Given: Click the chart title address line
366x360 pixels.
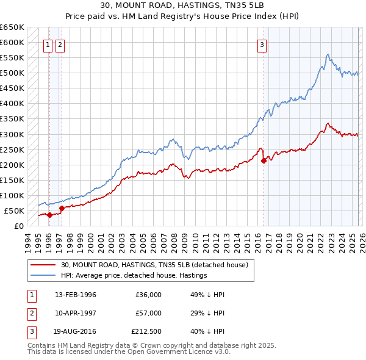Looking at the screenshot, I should pyautogui.click(x=183, y=5).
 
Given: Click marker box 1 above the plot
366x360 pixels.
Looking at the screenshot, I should pyautogui.click(x=48, y=44).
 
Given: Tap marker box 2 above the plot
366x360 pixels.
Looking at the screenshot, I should pyautogui.click(x=60, y=44).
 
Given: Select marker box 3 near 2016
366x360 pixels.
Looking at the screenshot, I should pyautogui.click(x=262, y=44).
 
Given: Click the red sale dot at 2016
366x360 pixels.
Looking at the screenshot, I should pyautogui.click(x=264, y=161).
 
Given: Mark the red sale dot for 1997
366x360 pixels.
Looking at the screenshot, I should pyautogui.click(x=62, y=209).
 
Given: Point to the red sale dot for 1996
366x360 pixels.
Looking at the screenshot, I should pyautogui.click(x=49, y=215).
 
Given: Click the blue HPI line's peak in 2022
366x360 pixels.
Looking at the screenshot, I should pyautogui.click(x=328, y=55).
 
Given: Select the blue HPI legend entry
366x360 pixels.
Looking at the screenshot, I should pyautogui.click(x=134, y=275).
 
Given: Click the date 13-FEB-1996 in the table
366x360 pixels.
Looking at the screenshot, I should pyautogui.click(x=76, y=295).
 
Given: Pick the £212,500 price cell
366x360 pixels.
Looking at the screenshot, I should pyautogui.click(x=146, y=331).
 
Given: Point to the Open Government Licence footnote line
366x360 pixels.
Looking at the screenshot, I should pyautogui.click(x=129, y=352).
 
